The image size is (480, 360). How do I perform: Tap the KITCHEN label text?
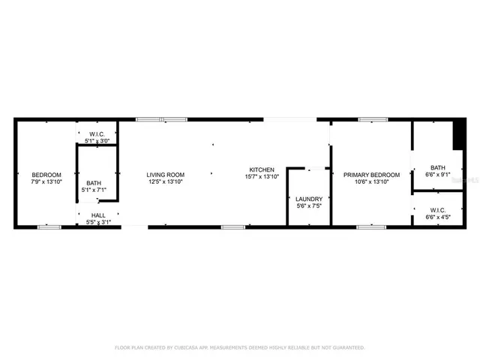[x=262, y=169]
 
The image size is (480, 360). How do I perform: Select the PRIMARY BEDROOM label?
[x=371, y=174]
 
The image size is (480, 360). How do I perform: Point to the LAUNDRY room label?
[x=309, y=199]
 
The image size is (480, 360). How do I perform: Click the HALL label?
[x=98, y=215]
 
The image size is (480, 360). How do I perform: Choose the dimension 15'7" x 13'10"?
[x=262, y=177]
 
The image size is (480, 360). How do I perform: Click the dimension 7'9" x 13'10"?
[x=46, y=181]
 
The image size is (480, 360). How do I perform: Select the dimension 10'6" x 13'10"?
[x=371, y=181]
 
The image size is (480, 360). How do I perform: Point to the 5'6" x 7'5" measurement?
[x=309, y=206]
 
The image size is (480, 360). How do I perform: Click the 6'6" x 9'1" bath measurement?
[x=437, y=175]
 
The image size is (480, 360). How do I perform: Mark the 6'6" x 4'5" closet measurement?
[x=437, y=217]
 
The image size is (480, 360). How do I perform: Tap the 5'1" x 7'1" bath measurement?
[x=94, y=190]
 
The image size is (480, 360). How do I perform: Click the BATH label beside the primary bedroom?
[x=437, y=167]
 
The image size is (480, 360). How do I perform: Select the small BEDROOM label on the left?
[x=46, y=174]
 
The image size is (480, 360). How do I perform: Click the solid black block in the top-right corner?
[x=458, y=134]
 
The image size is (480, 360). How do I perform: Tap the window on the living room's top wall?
[x=161, y=119]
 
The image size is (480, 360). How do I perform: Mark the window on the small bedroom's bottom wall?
[x=49, y=226]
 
